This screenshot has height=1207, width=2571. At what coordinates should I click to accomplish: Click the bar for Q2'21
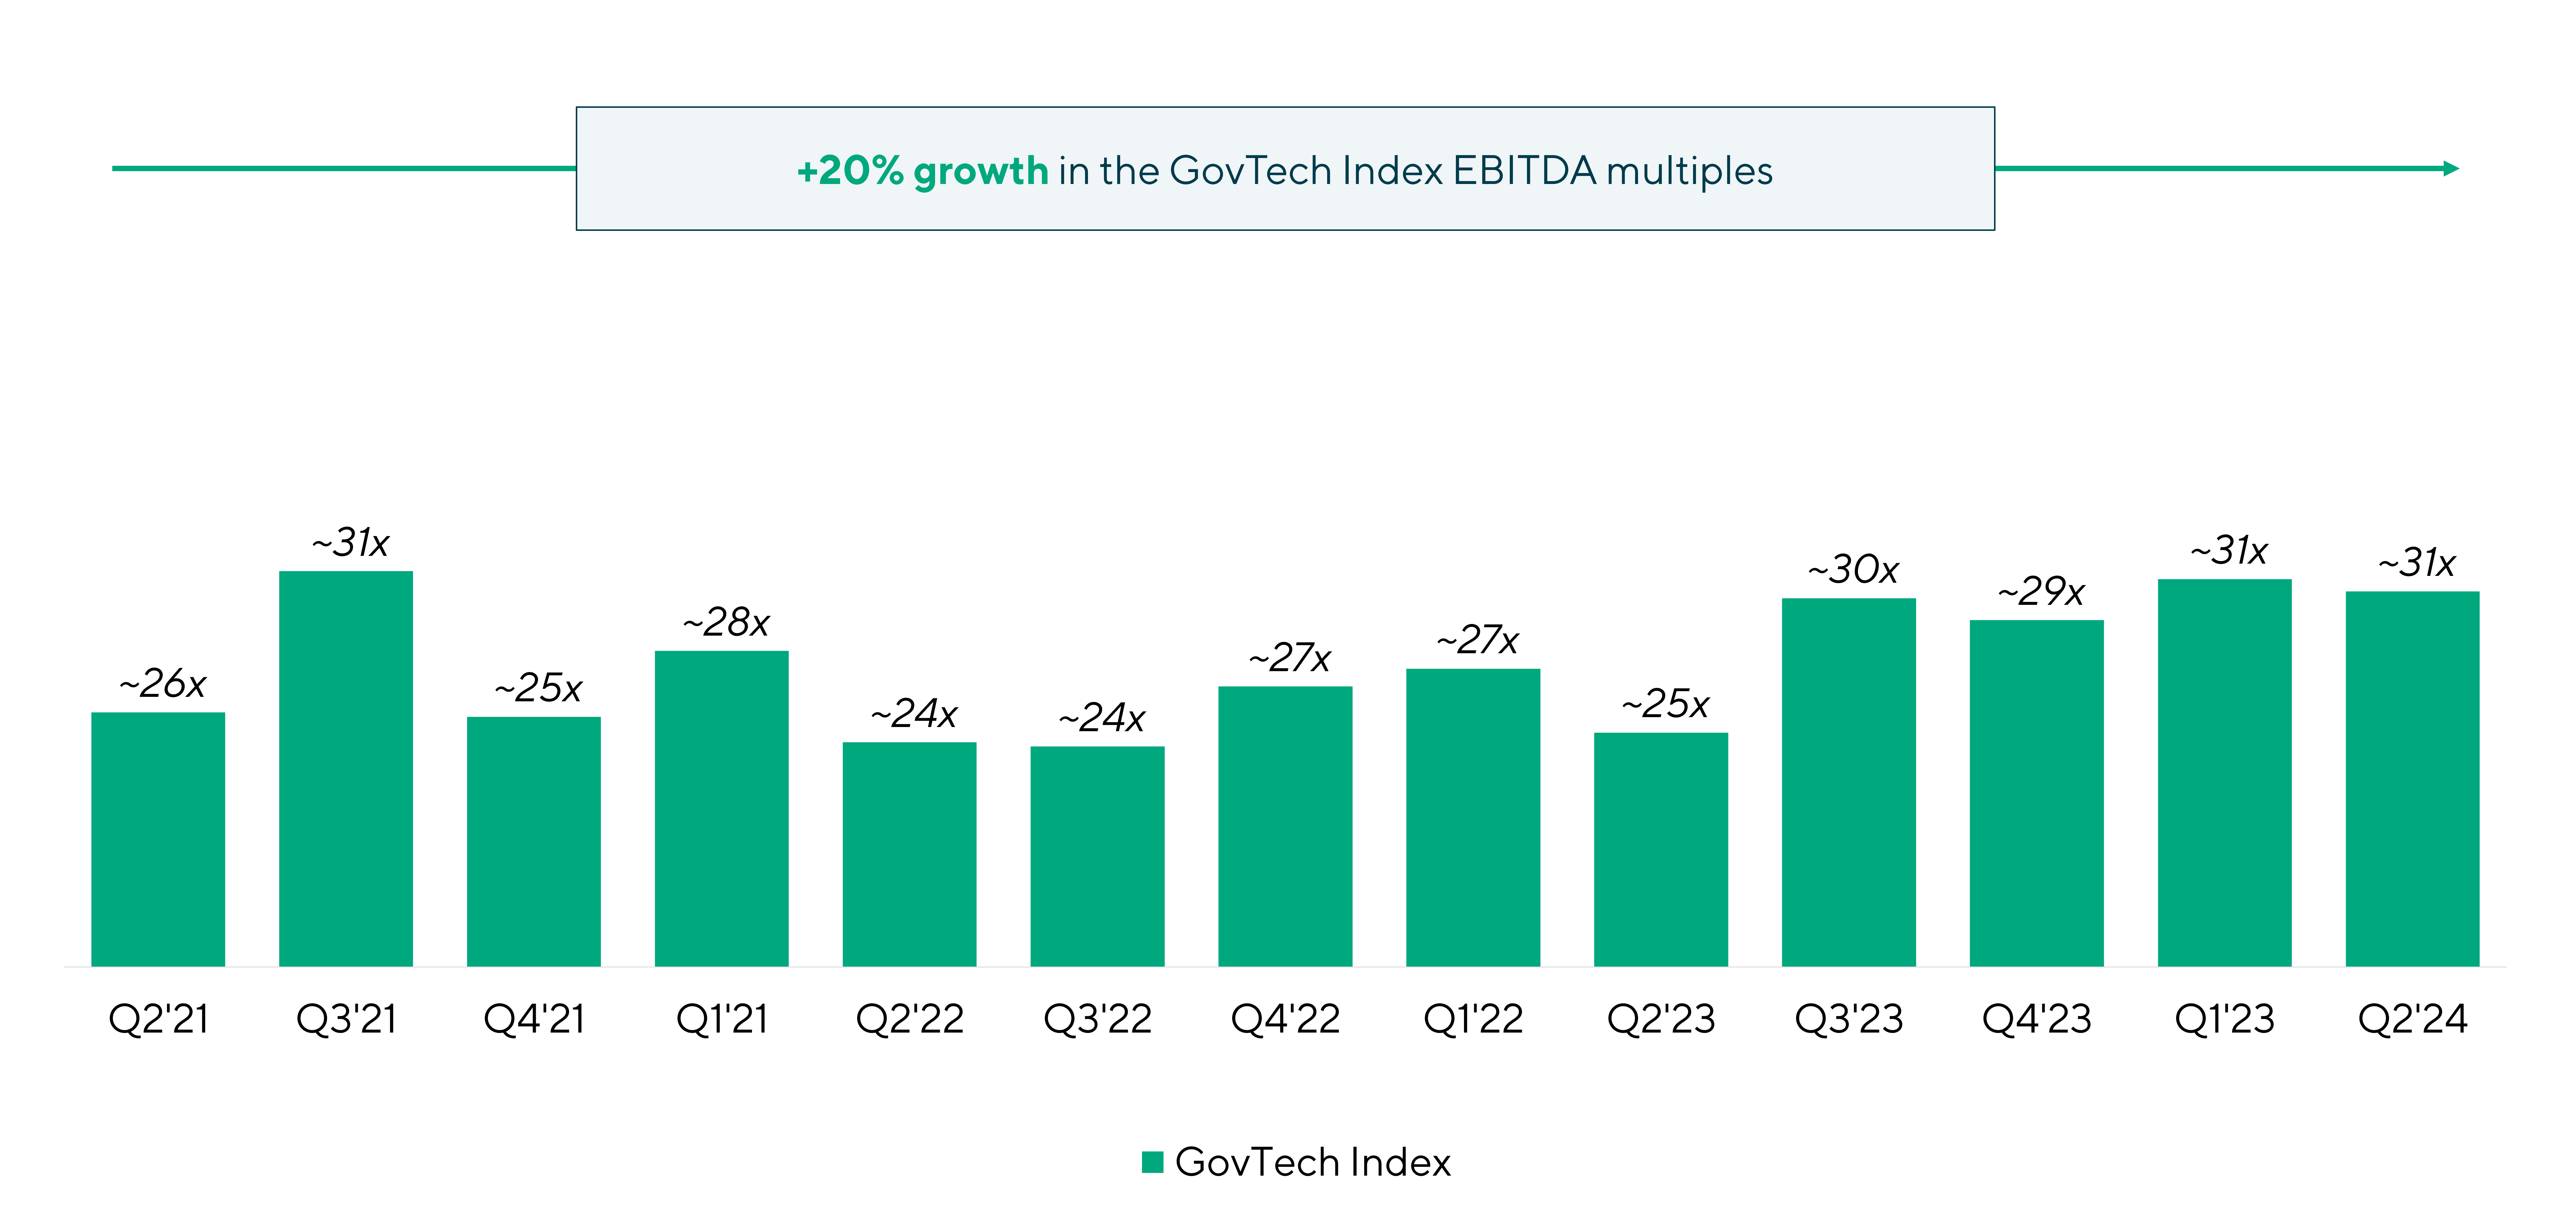(x=158, y=839)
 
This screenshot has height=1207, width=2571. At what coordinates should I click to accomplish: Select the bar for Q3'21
(x=345, y=769)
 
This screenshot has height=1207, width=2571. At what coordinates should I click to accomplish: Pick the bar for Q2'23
(x=1661, y=849)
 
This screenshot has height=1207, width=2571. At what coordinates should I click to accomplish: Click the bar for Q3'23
(x=1848, y=782)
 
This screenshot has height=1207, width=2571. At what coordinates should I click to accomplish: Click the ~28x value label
(x=726, y=623)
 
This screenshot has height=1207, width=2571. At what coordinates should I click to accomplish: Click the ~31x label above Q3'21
(x=349, y=543)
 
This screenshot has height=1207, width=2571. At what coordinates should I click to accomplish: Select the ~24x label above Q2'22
(x=913, y=714)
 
